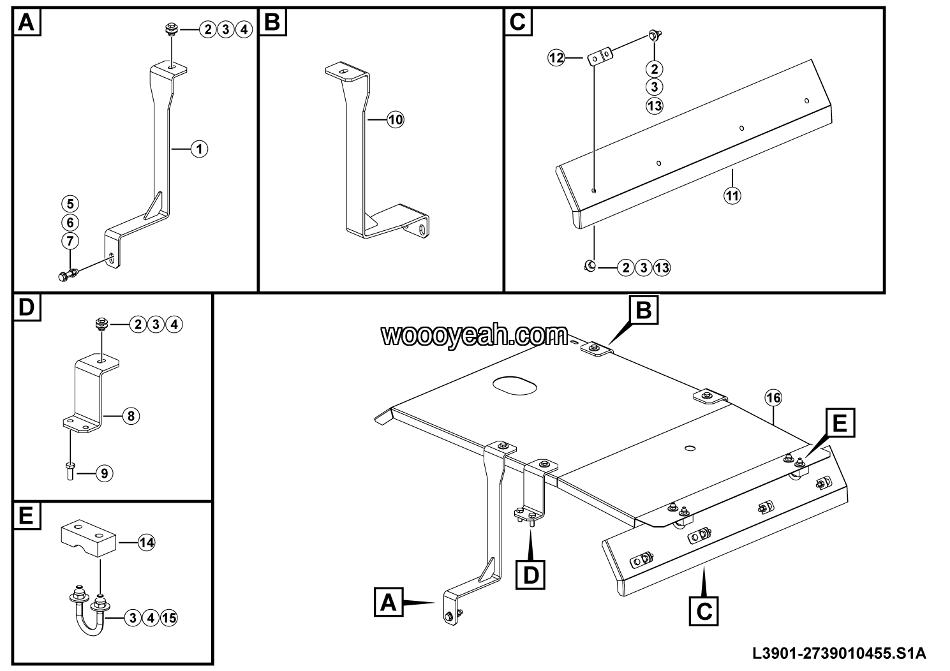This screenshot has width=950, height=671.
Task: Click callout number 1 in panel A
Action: point(199,149)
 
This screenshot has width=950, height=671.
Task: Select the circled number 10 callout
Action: point(396,119)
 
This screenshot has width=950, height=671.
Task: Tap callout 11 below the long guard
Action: point(732,196)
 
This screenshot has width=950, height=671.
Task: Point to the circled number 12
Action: point(556,58)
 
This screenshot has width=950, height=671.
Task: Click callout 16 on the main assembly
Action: point(773,398)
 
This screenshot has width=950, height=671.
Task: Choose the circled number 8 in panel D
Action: point(130,417)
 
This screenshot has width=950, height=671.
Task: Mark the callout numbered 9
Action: point(105,473)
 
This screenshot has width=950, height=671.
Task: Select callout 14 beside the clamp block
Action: point(147,543)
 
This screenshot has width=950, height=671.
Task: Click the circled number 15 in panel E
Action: point(168,617)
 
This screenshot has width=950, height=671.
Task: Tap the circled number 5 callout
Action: point(70,204)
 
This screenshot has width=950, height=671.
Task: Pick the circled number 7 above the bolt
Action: point(70,241)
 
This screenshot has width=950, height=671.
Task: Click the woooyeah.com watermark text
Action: point(475,335)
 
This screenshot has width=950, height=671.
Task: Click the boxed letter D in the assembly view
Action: point(531,573)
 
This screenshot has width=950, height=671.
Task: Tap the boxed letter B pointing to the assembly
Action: point(643,311)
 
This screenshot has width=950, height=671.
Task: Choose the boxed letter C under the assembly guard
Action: point(704,610)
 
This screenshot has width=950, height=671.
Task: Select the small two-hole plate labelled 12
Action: point(600,57)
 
